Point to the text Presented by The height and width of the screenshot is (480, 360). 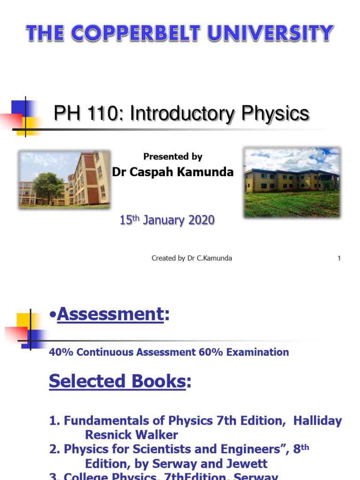(173, 157)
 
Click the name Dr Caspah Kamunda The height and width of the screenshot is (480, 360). (173, 172)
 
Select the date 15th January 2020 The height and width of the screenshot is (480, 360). (167, 220)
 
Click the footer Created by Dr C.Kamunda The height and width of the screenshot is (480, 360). (192, 258)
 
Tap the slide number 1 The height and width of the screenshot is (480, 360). (339, 258)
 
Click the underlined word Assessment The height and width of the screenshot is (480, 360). (110, 315)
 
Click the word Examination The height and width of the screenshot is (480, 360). (258, 352)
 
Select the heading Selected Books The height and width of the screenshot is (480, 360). (117, 381)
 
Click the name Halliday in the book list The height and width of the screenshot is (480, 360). (317, 421)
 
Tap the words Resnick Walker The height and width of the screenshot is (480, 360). (131, 435)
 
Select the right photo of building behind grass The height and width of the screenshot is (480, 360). (292, 182)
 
